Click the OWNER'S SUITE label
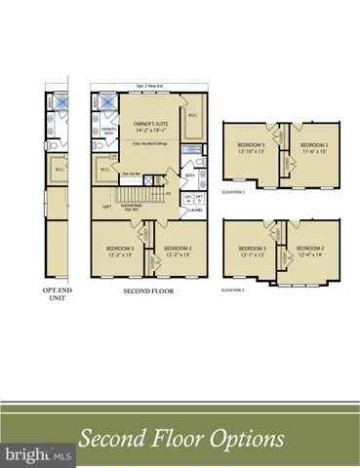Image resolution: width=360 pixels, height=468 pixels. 150,126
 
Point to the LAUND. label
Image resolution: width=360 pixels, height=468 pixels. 196,208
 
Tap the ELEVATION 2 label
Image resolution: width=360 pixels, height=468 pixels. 233,194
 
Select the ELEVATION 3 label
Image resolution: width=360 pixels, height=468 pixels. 233,290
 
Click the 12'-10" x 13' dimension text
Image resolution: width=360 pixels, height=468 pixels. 253,151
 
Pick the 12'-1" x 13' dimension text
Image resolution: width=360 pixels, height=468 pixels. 253,253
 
